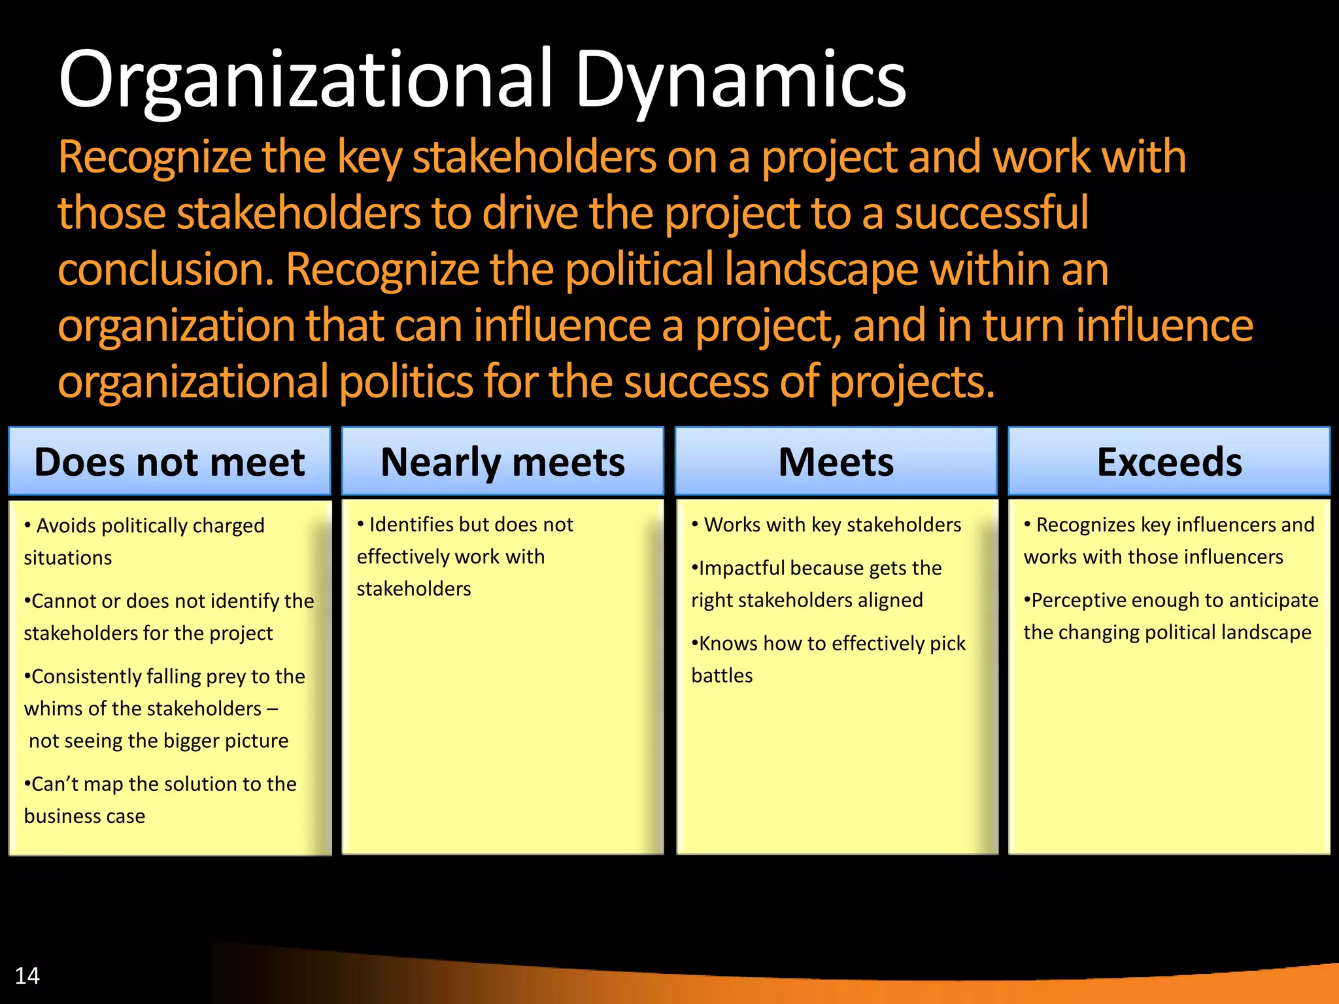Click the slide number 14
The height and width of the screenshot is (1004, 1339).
tap(27, 975)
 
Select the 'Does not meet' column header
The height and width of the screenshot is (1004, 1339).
tap(169, 462)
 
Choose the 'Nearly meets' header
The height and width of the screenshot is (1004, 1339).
tap(502, 462)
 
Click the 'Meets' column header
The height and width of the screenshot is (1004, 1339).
tap(836, 462)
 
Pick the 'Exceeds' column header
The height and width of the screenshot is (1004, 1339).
tap(1169, 462)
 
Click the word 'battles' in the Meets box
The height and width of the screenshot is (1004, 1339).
tap(722, 675)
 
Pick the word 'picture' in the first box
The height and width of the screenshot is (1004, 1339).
tap(256, 741)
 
